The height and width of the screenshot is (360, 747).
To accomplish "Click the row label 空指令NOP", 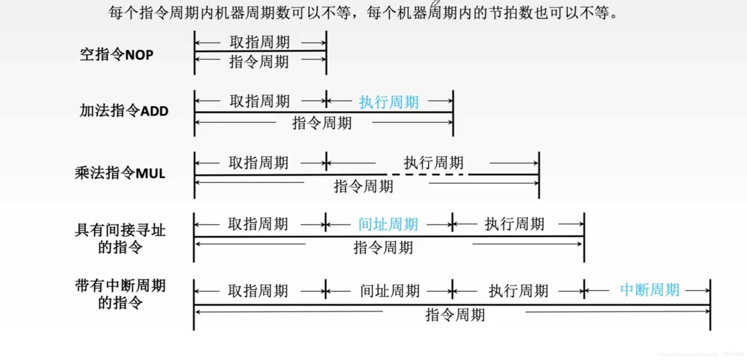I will point(117,55).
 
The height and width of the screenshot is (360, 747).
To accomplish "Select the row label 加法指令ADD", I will point(124,111).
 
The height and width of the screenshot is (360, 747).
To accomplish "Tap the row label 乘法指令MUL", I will point(120,173).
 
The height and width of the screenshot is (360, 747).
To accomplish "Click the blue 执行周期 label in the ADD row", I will point(389,102).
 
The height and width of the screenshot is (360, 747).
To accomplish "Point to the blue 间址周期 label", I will point(388,224).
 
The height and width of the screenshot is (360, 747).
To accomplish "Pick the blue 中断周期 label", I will point(650,290).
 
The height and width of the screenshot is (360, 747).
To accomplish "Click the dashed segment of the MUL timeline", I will point(428,175).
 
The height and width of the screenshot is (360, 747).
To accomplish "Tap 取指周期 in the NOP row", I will point(260,42).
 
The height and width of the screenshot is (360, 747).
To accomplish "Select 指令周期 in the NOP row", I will point(259,61).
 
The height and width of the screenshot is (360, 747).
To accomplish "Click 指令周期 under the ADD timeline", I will point(322,123).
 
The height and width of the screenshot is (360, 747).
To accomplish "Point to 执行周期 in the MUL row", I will point(433,163).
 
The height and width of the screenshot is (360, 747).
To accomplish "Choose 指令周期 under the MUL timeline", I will point(363,186).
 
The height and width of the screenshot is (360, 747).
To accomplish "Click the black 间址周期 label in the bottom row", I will point(390,291).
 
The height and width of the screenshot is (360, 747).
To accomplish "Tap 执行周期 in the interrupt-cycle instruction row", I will point(518,291).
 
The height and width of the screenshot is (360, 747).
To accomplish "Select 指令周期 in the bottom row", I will point(455,315).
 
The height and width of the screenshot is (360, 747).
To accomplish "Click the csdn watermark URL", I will point(700,354).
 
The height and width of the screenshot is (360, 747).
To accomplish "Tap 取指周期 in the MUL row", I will point(259,163).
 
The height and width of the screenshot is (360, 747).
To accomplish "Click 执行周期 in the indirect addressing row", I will point(514,224).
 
